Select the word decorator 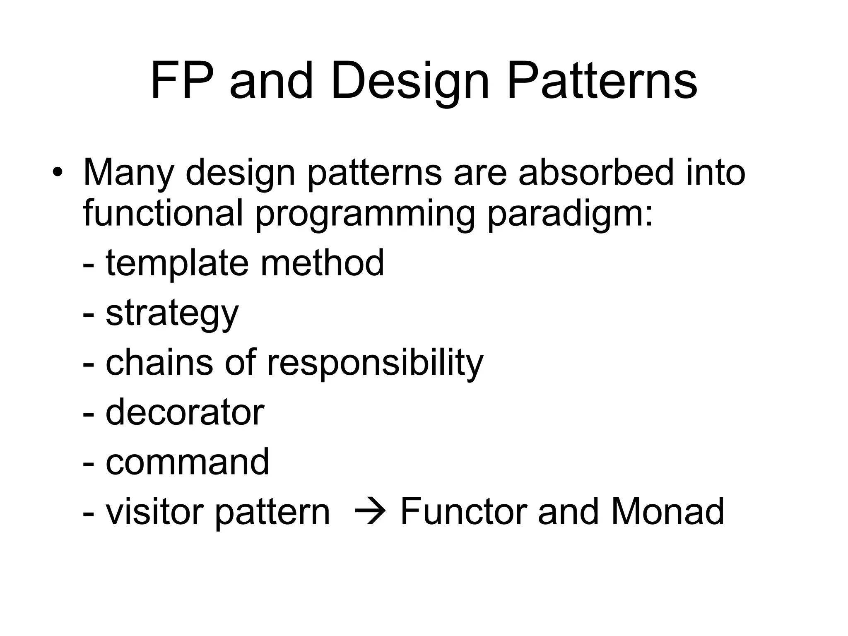click(185, 412)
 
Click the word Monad click(667, 512)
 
